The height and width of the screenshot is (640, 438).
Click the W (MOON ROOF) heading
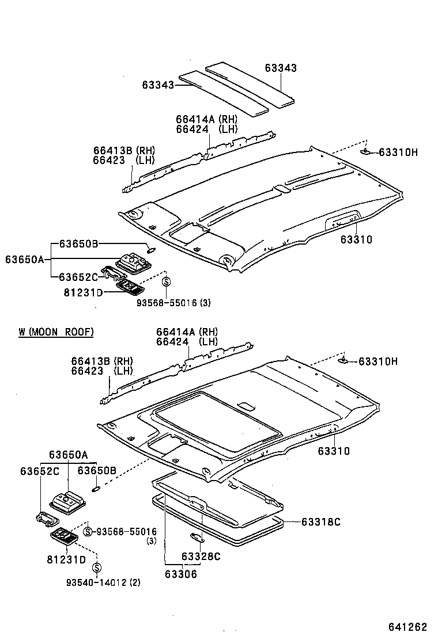(56, 332)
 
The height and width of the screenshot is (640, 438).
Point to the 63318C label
(320, 522)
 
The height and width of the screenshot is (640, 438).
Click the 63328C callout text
(201, 556)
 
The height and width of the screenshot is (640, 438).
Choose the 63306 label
(180, 574)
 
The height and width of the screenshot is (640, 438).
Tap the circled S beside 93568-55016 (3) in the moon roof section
(88, 531)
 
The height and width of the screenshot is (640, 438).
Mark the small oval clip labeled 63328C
(196, 538)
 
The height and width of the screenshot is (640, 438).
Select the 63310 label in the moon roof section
(333, 451)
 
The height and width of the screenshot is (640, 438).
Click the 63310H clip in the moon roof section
(343, 360)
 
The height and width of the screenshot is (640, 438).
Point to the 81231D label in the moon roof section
(66, 559)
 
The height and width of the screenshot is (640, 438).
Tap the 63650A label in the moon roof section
(68, 455)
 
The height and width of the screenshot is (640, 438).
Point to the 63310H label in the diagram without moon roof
(398, 152)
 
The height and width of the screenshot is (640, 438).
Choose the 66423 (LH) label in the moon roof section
(102, 371)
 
